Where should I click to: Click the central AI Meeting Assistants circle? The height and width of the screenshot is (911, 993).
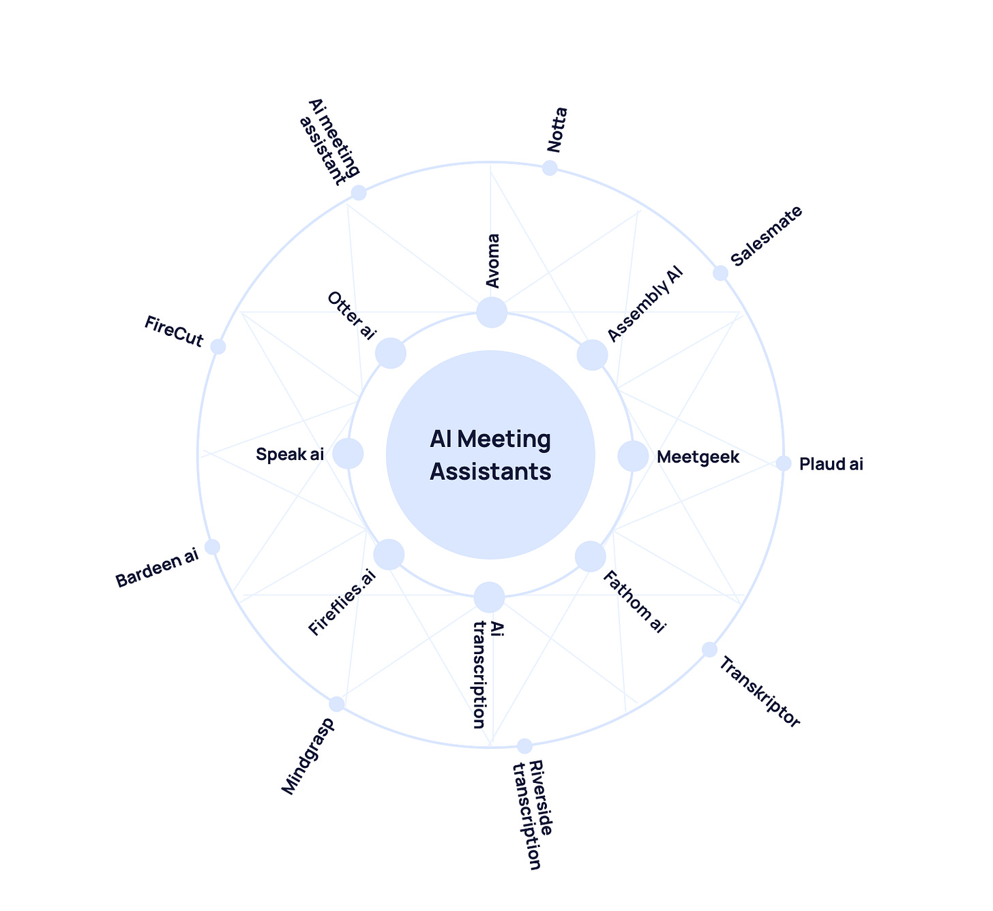[490, 454]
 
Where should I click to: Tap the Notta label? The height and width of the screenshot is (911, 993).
[557, 130]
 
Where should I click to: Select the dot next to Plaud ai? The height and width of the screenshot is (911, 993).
[784, 463]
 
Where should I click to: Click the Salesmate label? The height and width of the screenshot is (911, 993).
[766, 236]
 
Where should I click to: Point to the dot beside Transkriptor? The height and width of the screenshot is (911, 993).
[710, 649]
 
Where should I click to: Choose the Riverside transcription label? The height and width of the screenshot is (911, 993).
[533, 815]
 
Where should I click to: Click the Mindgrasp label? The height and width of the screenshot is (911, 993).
[308, 756]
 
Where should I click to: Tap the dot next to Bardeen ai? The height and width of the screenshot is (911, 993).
[212, 547]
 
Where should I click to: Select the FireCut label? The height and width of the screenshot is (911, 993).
[174, 331]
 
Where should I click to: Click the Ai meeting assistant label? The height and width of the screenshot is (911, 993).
[330, 142]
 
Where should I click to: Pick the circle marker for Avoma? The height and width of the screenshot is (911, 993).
[491, 312]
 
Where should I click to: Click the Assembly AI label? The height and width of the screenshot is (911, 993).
[644, 304]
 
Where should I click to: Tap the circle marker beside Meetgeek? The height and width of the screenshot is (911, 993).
[633, 456]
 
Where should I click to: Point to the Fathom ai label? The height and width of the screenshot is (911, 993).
[634, 602]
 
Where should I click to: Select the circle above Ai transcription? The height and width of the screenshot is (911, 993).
[489, 597]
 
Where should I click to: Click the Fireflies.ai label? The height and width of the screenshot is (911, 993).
[342, 602]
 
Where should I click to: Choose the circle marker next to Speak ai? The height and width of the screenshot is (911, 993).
[348, 454]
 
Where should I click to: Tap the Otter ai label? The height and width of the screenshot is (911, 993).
[351, 315]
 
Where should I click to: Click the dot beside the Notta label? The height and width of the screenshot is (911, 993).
[550, 168]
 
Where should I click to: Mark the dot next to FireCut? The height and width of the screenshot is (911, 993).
[218, 347]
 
